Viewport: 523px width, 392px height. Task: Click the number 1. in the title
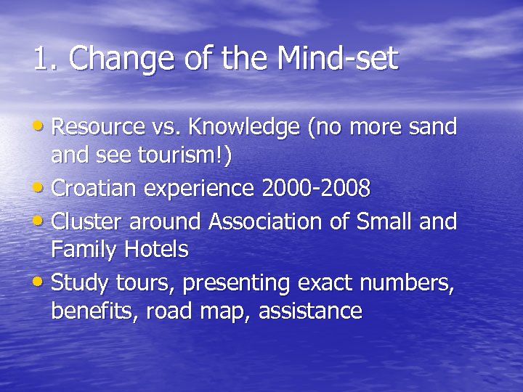[x=44, y=59]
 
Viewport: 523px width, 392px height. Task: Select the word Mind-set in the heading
[x=338, y=59]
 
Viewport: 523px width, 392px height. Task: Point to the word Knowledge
[x=244, y=128]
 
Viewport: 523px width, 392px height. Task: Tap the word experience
[x=203, y=189]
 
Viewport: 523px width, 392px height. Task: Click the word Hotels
[x=156, y=250]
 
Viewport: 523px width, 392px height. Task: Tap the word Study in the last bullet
[x=78, y=282]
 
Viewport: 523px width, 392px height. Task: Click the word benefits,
[x=95, y=311]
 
